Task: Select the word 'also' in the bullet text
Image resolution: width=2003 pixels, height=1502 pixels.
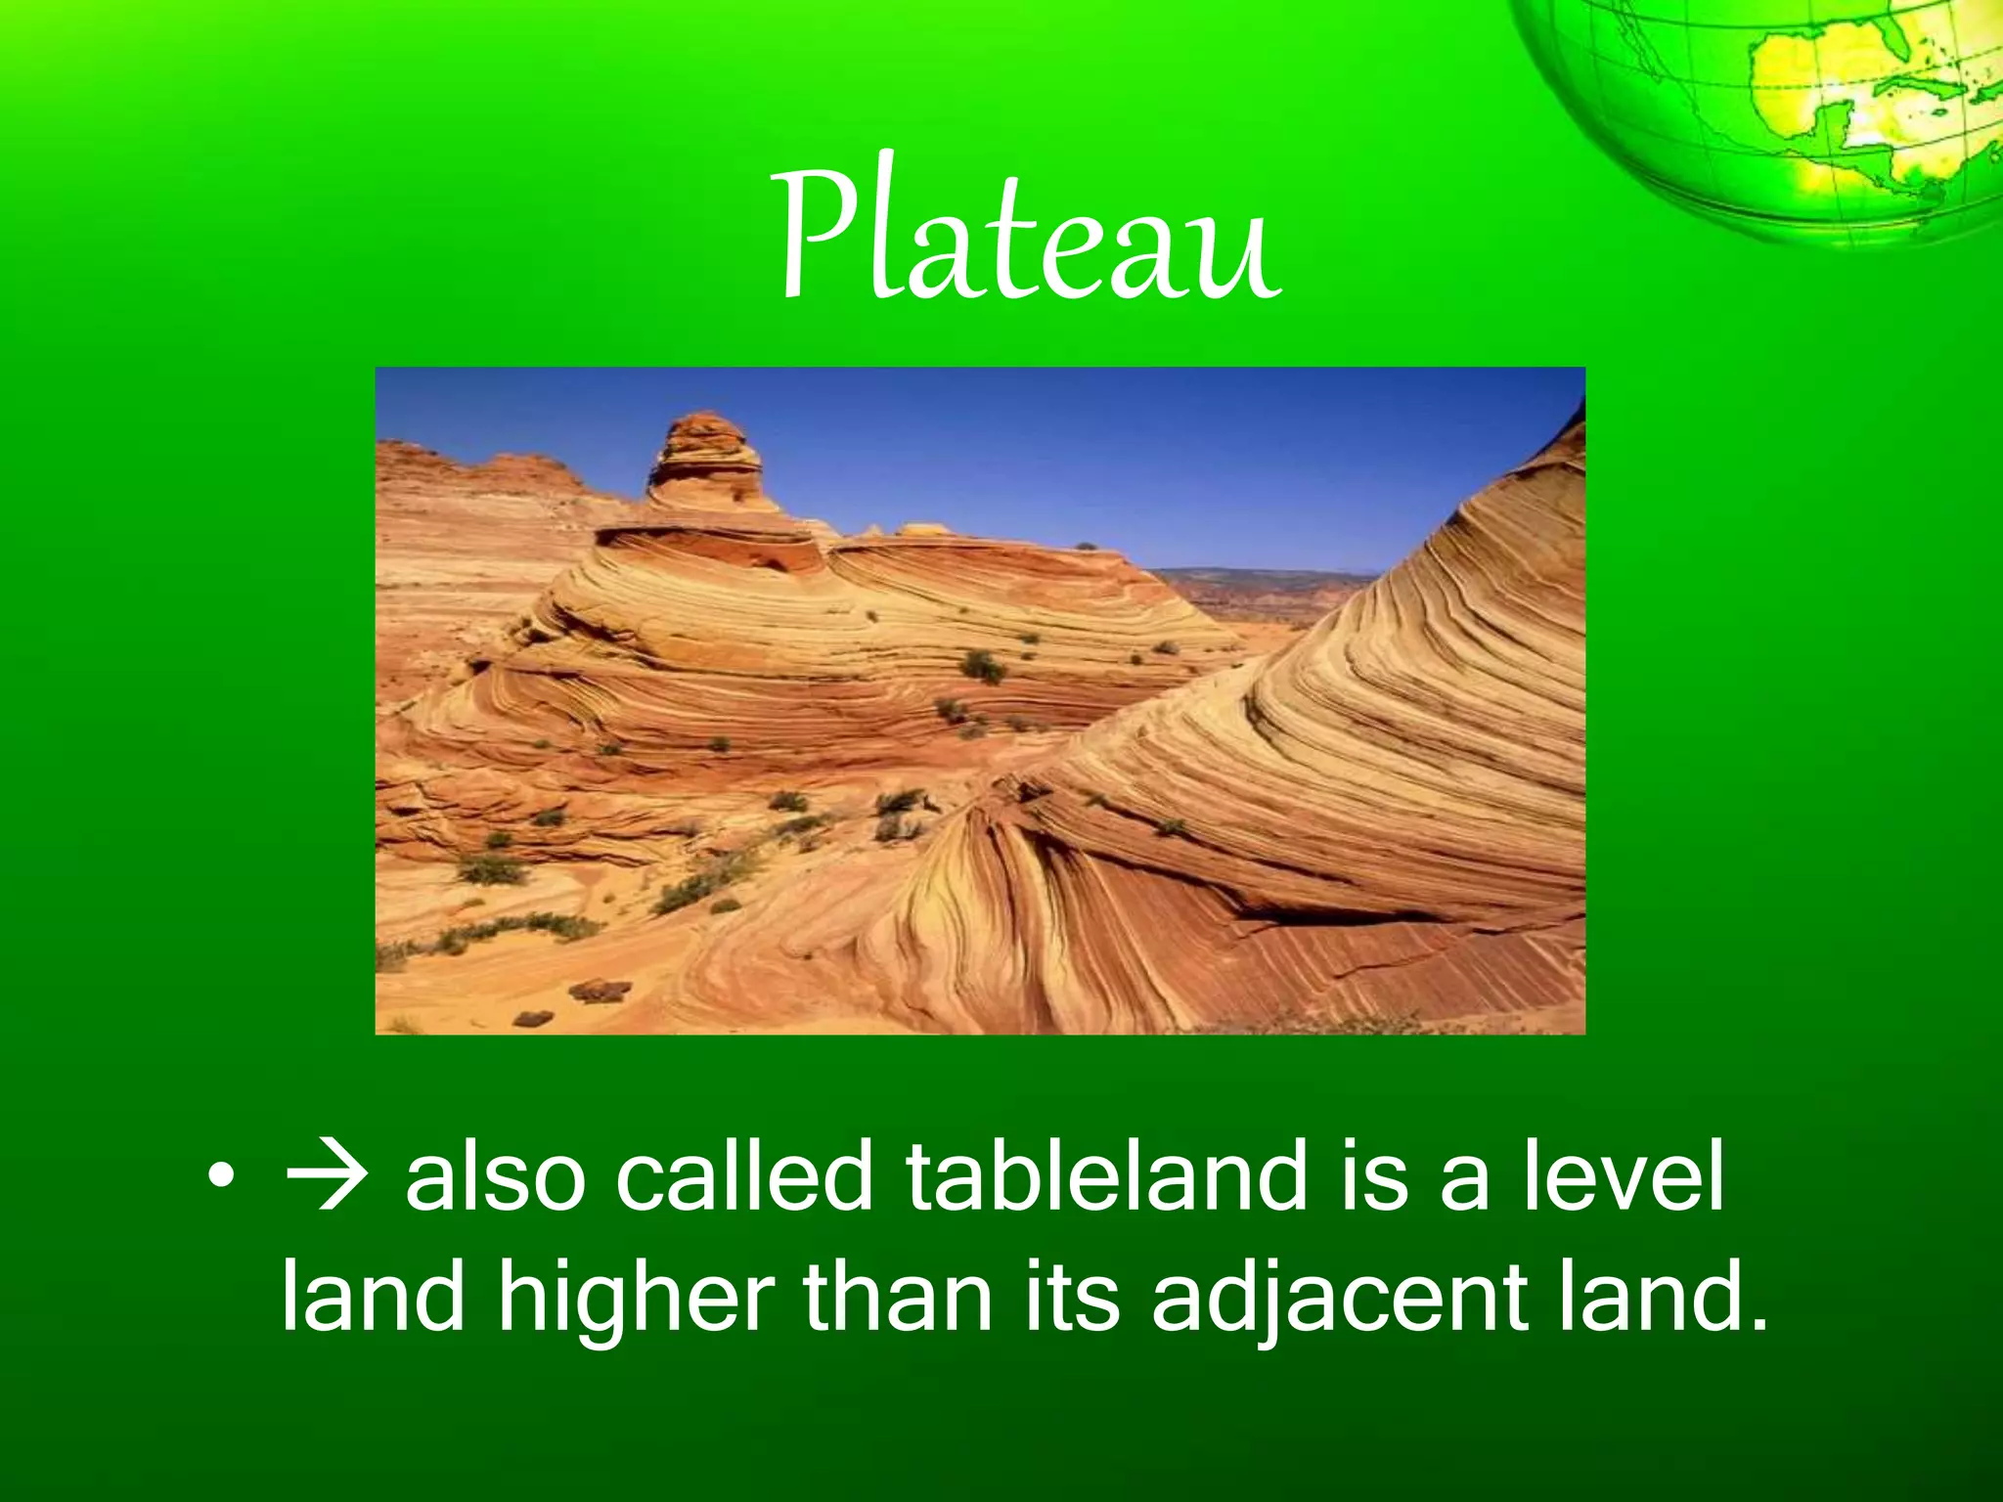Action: tap(496, 1177)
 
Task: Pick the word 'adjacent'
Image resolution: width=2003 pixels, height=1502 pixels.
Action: tap(1339, 1301)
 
